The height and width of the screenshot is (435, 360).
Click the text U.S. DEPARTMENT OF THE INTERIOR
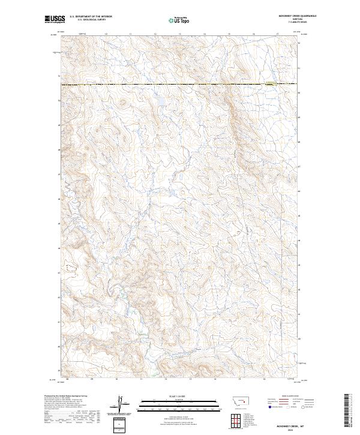point(91,17)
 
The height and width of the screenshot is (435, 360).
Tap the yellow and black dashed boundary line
point(180,85)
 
